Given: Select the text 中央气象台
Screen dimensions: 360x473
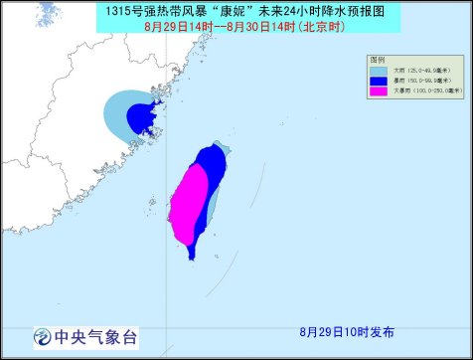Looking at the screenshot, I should tap(94, 336).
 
